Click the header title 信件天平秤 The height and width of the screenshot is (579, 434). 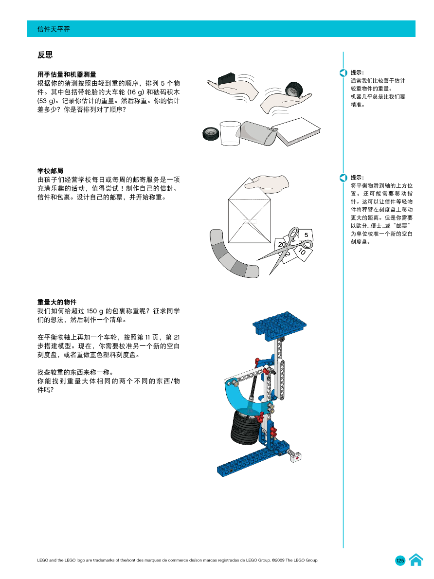(54, 29)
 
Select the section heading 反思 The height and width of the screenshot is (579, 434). (45, 55)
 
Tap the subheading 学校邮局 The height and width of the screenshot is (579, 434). (51, 171)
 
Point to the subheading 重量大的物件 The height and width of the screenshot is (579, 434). (57, 302)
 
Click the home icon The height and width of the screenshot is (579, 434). (416, 560)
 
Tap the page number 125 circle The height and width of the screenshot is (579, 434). (400, 561)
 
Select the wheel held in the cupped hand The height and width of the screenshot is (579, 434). (293, 90)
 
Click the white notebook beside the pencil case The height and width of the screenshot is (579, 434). (296, 131)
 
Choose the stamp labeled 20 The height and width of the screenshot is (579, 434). (282, 244)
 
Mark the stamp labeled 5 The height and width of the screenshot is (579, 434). (306, 235)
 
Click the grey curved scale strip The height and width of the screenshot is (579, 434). (229, 258)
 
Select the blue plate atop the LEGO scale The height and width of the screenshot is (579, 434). (280, 324)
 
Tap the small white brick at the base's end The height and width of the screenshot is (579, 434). (295, 457)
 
